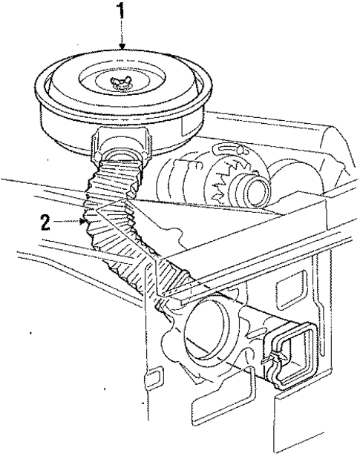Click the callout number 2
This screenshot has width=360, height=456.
click(x=46, y=222)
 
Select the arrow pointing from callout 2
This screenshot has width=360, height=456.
click(x=71, y=221)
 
